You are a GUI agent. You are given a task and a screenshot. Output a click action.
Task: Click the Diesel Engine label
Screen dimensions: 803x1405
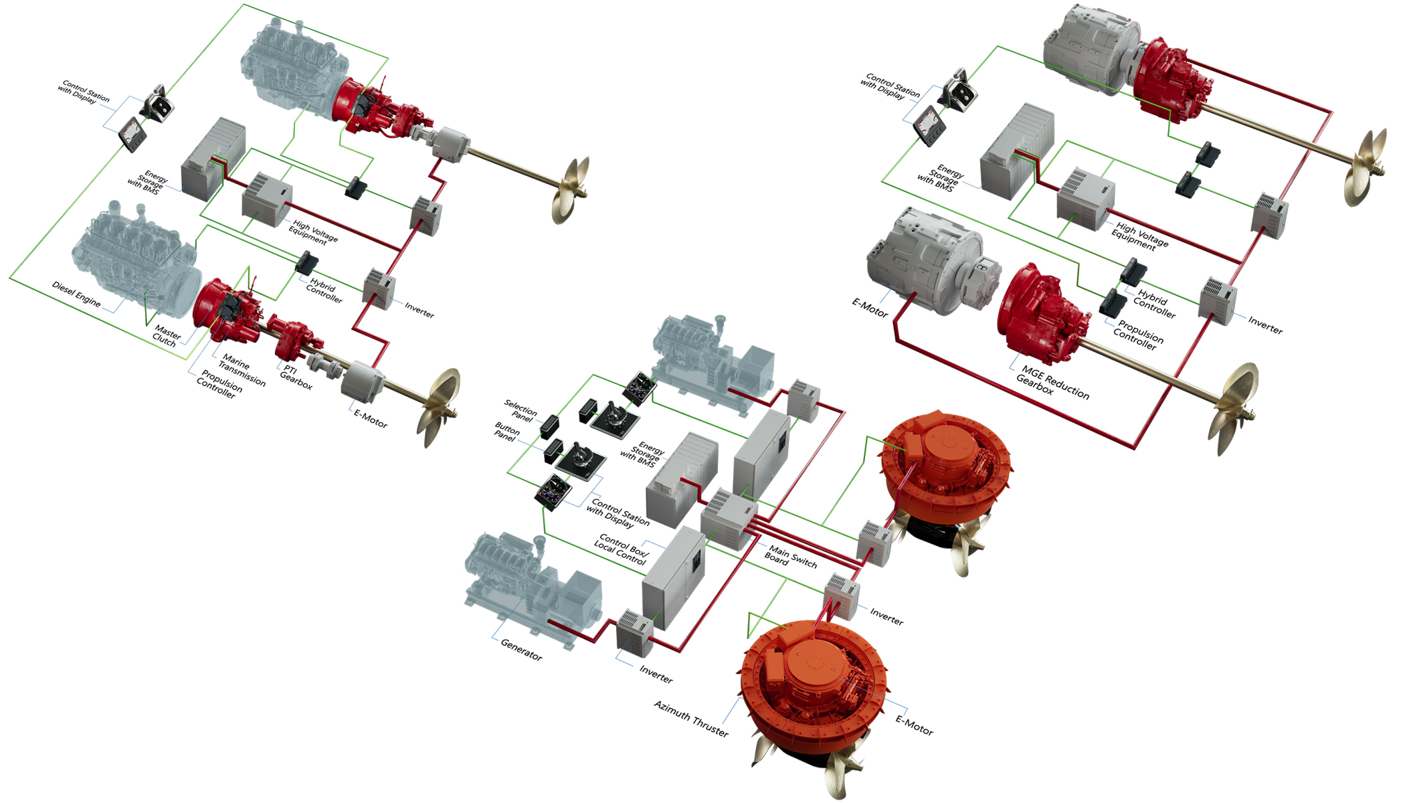76,294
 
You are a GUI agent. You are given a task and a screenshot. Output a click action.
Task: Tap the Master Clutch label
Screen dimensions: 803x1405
166,336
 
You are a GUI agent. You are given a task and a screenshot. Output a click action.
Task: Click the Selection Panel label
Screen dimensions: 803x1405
521,410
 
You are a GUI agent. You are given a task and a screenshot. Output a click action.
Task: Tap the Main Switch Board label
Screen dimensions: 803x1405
791,557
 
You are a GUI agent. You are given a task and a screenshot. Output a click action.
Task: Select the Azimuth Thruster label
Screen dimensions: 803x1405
691,718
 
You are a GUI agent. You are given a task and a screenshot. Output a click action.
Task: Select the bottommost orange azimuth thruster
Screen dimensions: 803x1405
813,689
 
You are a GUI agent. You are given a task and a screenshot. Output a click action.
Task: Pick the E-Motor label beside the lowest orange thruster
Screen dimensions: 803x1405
914,725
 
